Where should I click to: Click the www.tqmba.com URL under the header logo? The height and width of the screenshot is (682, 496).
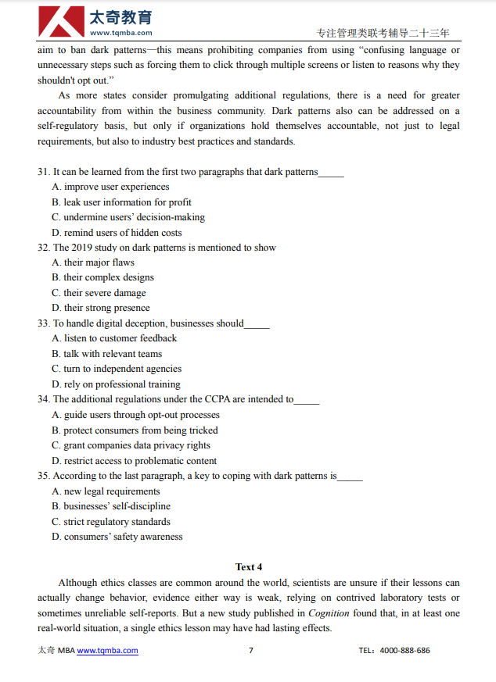pos(120,33)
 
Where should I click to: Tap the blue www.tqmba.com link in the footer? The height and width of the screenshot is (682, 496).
pos(107,650)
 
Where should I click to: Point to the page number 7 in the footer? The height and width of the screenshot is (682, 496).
pos(250,650)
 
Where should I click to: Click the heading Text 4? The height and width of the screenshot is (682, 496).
pos(249,566)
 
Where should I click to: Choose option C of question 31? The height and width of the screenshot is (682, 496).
pos(128,217)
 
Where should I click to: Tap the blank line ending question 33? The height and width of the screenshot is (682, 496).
pos(257,324)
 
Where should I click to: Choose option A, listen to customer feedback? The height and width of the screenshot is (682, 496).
pos(113,338)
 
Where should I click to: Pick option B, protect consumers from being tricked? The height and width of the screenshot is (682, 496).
pos(135,430)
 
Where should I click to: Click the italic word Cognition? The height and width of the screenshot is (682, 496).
pos(328,613)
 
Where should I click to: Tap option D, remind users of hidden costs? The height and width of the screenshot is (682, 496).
pos(116,233)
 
